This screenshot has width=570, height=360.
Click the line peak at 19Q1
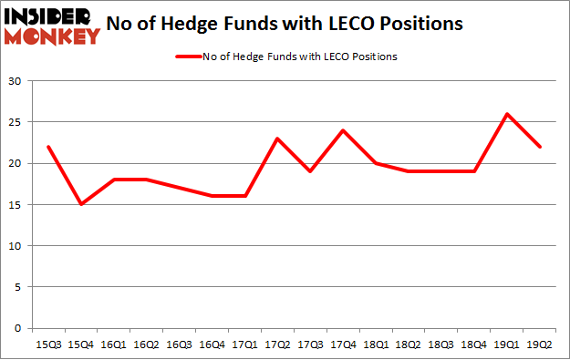tap(507, 114)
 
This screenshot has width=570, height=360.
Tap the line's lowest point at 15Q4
tap(81, 204)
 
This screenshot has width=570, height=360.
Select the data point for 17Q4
tap(344, 130)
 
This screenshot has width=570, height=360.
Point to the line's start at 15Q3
tap(48, 147)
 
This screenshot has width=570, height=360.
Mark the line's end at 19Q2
tap(540, 147)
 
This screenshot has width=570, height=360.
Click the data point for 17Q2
tap(278, 139)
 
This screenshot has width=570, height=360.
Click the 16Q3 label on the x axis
tap(180, 345)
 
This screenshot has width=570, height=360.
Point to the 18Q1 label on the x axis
tap(377, 345)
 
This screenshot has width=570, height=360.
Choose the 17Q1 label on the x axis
tap(245, 345)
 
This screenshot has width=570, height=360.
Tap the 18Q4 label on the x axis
tap(474, 345)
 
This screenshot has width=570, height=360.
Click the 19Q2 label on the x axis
tap(540, 345)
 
